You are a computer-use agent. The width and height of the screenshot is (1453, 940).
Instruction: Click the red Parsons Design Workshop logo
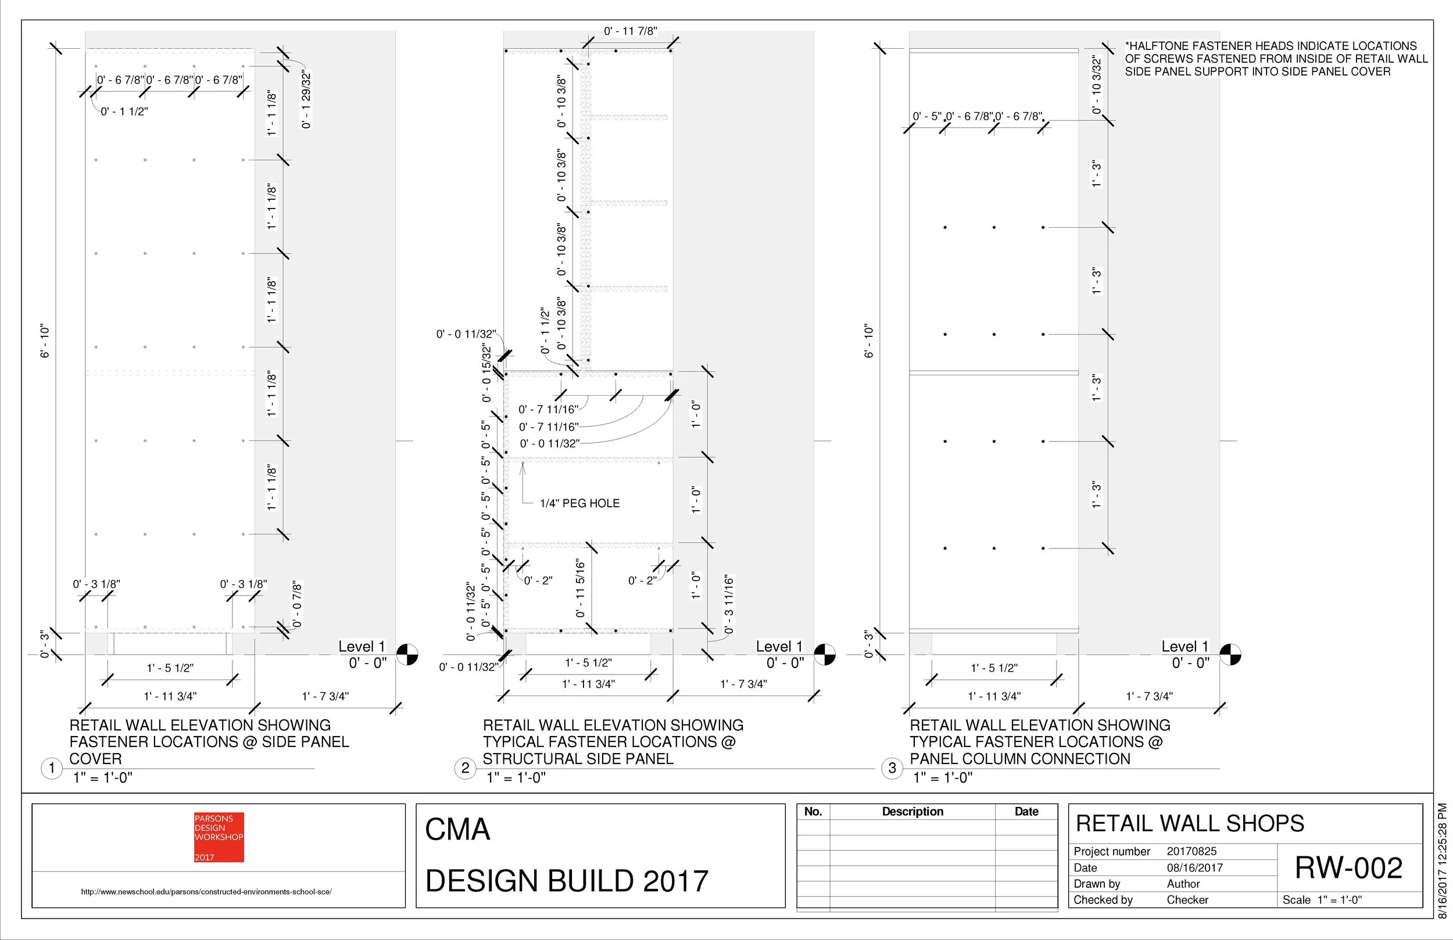pyautogui.click(x=219, y=837)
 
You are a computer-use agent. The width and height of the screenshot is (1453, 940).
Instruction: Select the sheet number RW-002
pyautogui.click(x=1348, y=868)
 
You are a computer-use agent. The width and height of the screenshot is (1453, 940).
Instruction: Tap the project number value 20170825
pyautogui.click(x=1191, y=852)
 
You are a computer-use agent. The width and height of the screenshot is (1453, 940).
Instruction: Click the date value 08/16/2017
pyautogui.click(x=1194, y=867)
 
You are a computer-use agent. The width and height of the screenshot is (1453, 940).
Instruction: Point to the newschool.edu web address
pyautogui.click(x=206, y=892)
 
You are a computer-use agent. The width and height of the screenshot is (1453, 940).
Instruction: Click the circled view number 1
pyautogui.click(x=52, y=768)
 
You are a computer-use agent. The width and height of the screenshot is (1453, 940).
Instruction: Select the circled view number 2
pyautogui.click(x=465, y=768)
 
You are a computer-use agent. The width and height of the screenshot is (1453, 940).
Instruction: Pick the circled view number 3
pyautogui.click(x=892, y=768)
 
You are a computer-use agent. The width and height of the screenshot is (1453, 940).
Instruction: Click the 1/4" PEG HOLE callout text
pyautogui.click(x=579, y=504)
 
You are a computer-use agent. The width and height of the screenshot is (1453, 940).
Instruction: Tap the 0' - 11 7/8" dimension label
pyautogui.click(x=630, y=31)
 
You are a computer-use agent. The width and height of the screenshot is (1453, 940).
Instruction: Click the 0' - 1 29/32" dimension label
pyautogui.click(x=306, y=101)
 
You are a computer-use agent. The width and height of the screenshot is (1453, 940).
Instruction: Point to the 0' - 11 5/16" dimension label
pyautogui.click(x=580, y=589)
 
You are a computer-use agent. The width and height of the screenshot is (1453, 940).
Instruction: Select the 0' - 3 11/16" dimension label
pyautogui.click(x=729, y=604)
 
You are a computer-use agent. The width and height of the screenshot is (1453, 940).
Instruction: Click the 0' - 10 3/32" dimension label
pyautogui.click(x=1097, y=85)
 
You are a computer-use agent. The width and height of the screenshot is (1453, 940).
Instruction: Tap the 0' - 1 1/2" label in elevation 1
pyautogui.click(x=124, y=112)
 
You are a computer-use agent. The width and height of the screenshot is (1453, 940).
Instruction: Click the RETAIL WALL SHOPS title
pyautogui.click(x=1189, y=823)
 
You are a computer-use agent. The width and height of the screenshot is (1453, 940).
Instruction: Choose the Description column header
pyautogui.click(x=912, y=812)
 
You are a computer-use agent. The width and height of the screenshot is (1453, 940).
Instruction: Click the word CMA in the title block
pyautogui.click(x=457, y=830)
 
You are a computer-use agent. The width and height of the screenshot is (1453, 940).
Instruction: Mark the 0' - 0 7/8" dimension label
pyautogui.click(x=298, y=604)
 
